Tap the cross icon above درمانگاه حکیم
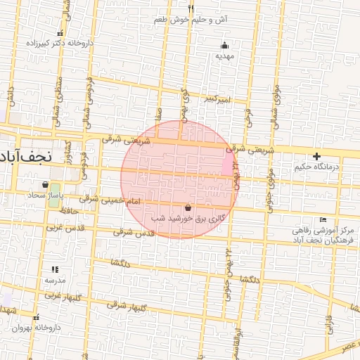pyautogui.click(x=317, y=156)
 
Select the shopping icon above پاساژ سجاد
pyautogui.click(x=46, y=185)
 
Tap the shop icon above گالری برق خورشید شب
pyautogui.click(x=188, y=207)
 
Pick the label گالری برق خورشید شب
pyautogui.click(x=190, y=219)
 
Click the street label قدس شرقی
pyautogui.click(x=133, y=232)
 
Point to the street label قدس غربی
pyautogui.click(x=66, y=228)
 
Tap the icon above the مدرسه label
pyautogui.click(x=55, y=269)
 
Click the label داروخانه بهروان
pyautogui.click(x=37, y=328)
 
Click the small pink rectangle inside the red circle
pyautogui.click(x=226, y=164)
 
